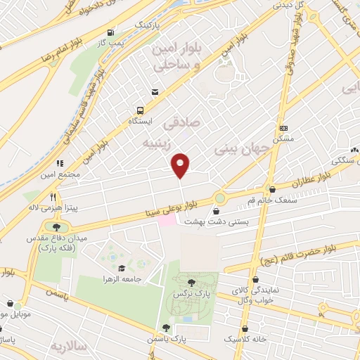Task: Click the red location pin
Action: pyautogui.click(x=181, y=165)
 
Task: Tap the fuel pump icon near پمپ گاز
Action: pyautogui.click(x=110, y=32)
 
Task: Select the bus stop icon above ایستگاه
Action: pyautogui.click(x=140, y=110)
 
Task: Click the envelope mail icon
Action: pyautogui.click(x=154, y=91)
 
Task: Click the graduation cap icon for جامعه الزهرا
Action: pyautogui.click(x=122, y=268)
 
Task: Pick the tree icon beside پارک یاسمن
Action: pyautogui.click(x=166, y=327)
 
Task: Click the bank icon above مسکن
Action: pyautogui.click(x=283, y=128)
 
